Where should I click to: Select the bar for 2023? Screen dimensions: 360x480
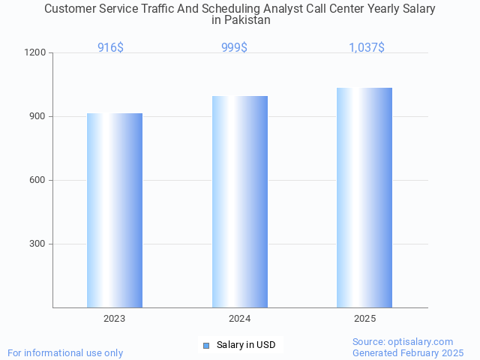click(115, 210)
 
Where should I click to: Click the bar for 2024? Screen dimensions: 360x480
click(240, 202)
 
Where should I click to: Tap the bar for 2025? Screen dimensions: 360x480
click(364, 197)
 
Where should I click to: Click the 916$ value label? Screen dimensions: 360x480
click(111, 48)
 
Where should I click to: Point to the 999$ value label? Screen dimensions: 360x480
click(235, 48)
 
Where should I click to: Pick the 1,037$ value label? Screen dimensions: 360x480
click(367, 48)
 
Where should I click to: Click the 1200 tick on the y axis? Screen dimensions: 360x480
click(36, 53)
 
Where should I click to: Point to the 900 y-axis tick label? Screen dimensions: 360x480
click(38, 117)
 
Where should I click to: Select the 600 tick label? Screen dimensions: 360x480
click(38, 181)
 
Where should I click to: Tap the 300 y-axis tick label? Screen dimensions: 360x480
click(38, 244)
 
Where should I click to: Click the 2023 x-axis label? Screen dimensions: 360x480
click(115, 319)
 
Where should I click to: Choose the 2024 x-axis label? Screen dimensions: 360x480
click(240, 319)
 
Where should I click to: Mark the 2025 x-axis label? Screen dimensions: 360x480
click(365, 319)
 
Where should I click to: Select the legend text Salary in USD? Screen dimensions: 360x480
click(246, 345)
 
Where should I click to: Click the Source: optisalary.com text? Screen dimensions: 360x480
click(403, 341)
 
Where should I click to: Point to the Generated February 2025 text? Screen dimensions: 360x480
click(408, 352)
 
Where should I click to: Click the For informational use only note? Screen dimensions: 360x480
click(65, 352)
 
